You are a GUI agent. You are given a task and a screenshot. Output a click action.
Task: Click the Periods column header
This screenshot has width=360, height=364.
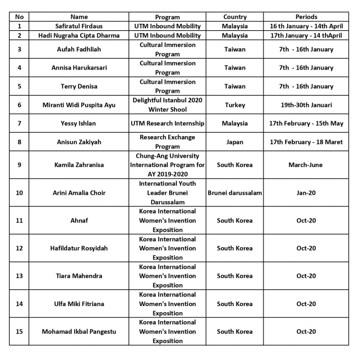(x=306, y=17)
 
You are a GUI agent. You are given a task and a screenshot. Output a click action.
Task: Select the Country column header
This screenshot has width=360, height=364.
(x=235, y=17)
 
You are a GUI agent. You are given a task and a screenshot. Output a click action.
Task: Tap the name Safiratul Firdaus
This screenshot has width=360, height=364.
(x=79, y=26)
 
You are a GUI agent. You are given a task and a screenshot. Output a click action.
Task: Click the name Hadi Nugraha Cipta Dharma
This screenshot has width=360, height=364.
(x=79, y=35)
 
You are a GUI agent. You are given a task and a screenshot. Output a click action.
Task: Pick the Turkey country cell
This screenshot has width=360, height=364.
(x=235, y=105)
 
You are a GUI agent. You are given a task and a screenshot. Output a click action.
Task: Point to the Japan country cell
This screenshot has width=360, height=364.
(x=235, y=142)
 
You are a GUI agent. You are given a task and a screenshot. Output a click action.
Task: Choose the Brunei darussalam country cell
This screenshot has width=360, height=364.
(x=235, y=193)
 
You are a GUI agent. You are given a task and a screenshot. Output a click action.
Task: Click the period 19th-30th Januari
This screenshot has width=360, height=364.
(x=306, y=105)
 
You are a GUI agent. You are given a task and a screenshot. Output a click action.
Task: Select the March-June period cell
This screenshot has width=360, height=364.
(x=306, y=165)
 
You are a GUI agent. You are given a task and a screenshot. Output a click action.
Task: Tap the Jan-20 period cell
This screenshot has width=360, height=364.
(x=306, y=193)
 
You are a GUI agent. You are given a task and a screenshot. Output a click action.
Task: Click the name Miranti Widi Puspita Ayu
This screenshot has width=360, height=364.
(x=79, y=105)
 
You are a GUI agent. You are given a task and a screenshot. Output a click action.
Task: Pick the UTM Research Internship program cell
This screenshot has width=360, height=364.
(x=168, y=123)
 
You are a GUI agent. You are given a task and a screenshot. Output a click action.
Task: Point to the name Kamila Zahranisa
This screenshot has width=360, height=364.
(x=79, y=165)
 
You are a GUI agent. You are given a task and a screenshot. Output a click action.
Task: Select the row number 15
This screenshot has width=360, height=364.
(x=19, y=331)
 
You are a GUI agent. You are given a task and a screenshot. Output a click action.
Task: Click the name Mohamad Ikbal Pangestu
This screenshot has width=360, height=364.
(x=79, y=331)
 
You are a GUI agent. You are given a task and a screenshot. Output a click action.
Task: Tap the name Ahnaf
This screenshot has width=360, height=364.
(x=79, y=220)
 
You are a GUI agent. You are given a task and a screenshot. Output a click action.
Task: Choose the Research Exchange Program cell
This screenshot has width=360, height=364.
(x=168, y=142)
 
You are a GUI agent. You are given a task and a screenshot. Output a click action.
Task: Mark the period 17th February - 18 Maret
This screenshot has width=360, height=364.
(x=306, y=142)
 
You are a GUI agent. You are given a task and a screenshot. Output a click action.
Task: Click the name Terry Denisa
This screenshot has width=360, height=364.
(x=79, y=86)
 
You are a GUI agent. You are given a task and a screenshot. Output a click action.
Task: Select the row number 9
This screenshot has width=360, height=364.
(x=19, y=165)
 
